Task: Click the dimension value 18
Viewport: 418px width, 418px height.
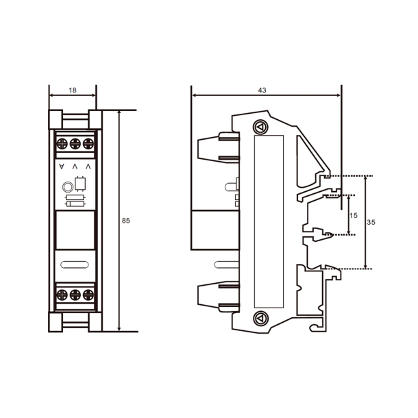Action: [72, 90]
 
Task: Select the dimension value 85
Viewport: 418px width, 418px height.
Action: [125, 221]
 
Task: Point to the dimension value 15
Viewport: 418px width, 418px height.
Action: [354, 215]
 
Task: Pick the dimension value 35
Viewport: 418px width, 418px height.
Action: [371, 223]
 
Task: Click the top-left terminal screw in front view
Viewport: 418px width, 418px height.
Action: [62, 144]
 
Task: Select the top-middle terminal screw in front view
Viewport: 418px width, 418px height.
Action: [75, 144]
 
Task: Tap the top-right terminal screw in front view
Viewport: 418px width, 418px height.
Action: [87, 144]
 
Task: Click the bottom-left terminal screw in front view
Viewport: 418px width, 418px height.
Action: [62, 295]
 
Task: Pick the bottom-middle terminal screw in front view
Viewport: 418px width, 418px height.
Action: [75, 295]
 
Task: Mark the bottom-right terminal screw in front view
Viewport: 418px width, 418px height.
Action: [87, 295]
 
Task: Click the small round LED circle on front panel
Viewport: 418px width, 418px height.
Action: [67, 186]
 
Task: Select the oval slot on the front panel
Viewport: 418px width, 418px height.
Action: [74, 265]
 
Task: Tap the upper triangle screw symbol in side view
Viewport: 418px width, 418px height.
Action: [260, 127]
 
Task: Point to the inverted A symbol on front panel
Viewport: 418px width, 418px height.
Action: [62, 167]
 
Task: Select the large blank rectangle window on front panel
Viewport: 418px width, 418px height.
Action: [74, 230]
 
